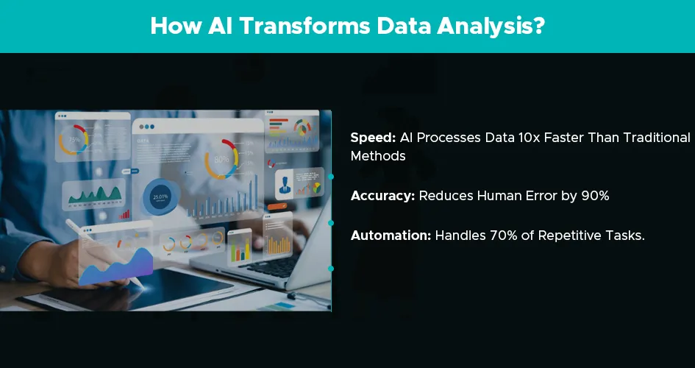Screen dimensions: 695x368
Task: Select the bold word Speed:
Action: (373, 138)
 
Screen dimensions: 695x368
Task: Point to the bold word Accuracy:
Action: (382, 196)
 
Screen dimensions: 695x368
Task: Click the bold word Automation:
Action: (391, 236)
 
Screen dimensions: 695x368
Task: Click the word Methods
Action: (378, 156)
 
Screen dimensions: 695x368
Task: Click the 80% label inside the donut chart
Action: (221, 159)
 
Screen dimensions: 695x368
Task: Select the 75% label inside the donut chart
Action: (74, 139)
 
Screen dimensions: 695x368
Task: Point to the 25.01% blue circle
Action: (160, 197)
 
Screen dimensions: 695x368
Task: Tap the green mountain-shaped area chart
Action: (95, 195)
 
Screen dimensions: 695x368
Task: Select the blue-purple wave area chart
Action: (116, 268)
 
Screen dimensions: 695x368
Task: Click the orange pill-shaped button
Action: (277, 206)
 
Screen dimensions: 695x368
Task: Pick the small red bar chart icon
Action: (124, 215)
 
